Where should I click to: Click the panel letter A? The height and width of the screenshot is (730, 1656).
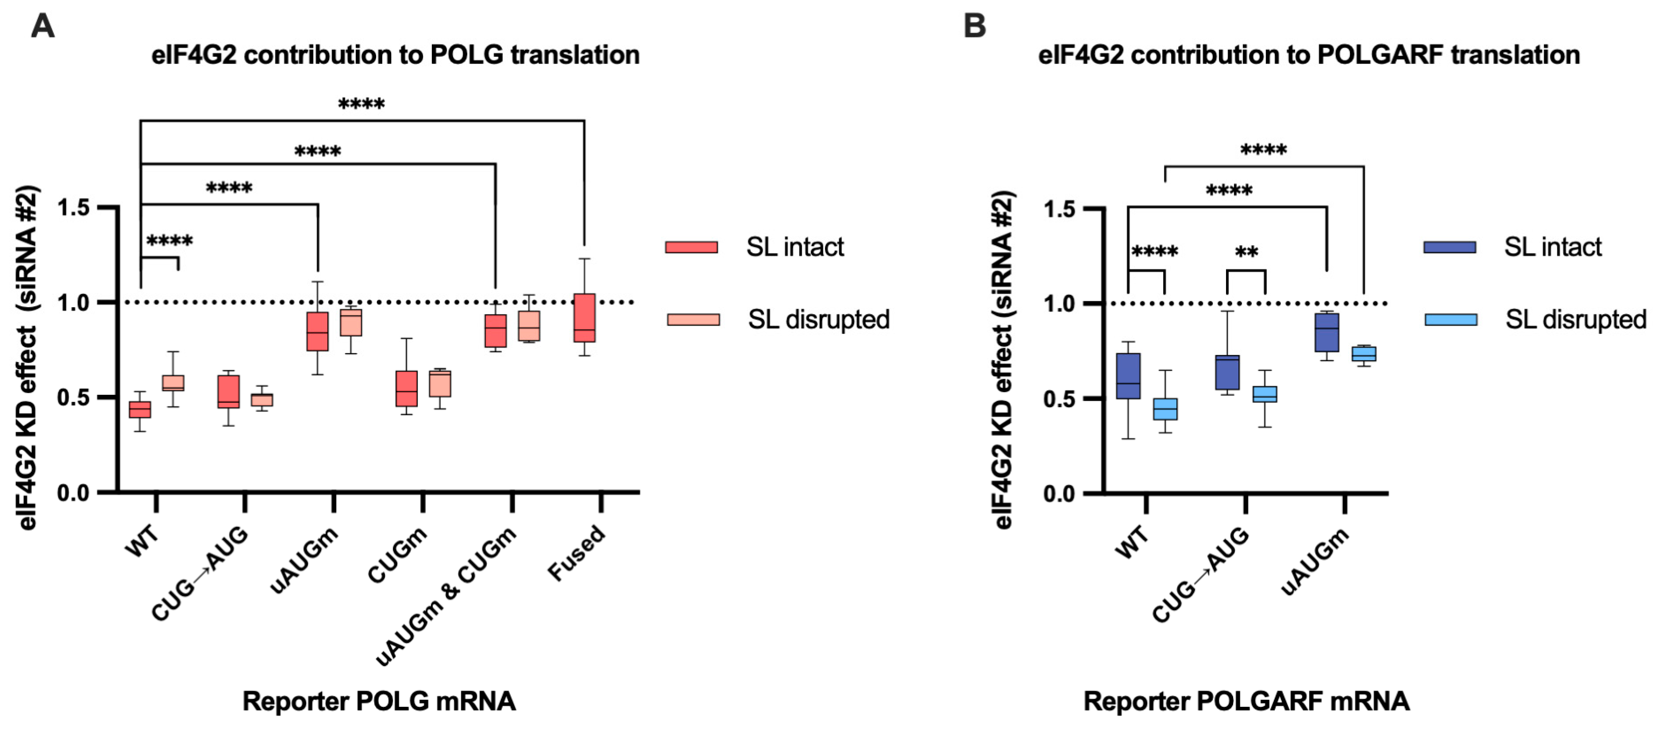(43, 27)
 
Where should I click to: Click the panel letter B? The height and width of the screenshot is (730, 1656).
(974, 27)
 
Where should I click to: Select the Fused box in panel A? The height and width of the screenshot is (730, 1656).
(584, 318)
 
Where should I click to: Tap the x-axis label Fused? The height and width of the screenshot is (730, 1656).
(577, 552)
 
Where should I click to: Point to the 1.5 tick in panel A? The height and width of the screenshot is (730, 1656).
(74, 208)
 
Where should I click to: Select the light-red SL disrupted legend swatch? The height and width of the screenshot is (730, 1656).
(693, 320)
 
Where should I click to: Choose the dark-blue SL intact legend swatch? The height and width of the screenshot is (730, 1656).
(1450, 247)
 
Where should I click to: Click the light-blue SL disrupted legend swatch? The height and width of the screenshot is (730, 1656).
(1451, 320)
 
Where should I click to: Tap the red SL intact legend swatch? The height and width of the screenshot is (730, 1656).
(691, 247)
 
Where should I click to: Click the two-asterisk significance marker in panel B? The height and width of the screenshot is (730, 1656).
(1246, 252)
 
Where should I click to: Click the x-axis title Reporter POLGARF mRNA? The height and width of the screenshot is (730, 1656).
(1246, 701)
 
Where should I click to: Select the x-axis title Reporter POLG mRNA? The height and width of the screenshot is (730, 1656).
(379, 701)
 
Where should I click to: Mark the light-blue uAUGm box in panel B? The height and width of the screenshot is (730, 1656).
(1364, 354)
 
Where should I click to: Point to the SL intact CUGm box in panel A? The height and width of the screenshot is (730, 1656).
(406, 389)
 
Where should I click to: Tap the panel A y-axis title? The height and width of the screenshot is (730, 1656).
(27, 357)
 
